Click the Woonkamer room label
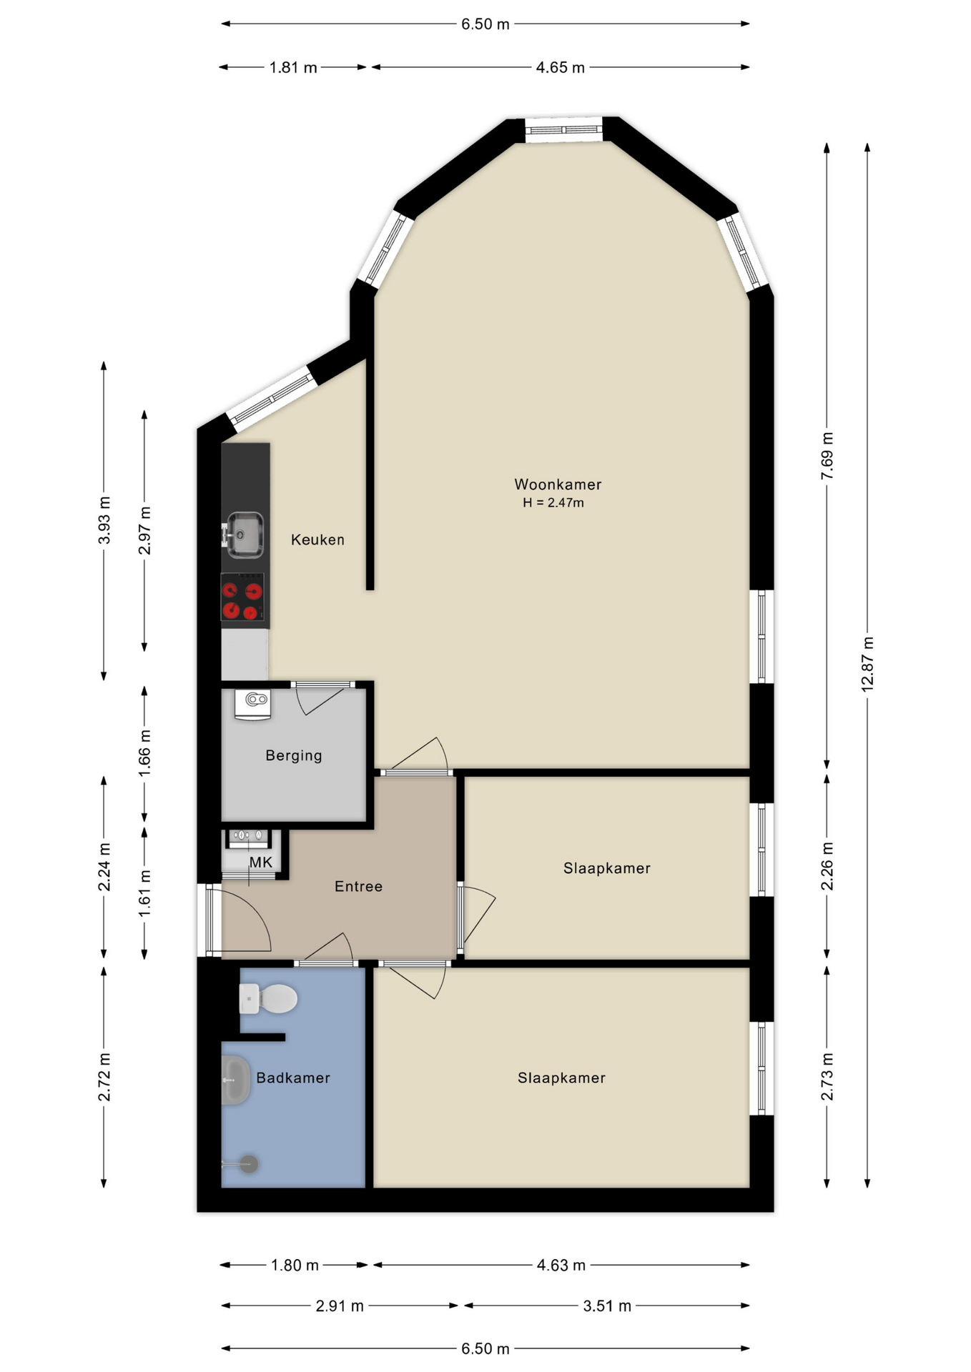coord(558,484)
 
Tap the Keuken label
coord(317,540)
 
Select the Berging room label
coord(294,756)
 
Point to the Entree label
coord(358,887)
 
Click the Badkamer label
coord(293,1078)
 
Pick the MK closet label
coord(261,863)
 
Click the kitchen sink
coord(244,535)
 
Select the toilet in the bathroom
coord(268,999)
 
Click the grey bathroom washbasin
coord(235,1080)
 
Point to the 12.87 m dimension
coord(867,664)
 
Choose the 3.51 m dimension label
coord(607,1306)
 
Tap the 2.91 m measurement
coord(340,1306)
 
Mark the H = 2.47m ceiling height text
coord(553,503)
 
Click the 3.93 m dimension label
coord(104,520)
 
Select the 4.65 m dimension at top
coord(561,67)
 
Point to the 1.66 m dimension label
coord(144,753)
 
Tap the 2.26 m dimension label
coord(827,866)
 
